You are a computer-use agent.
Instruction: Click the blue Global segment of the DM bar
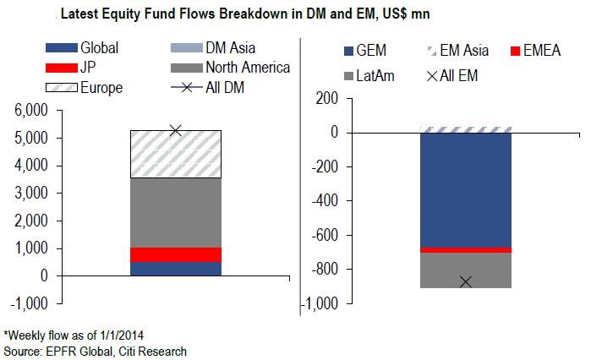click(x=175, y=269)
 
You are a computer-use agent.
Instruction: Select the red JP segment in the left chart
click(x=175, y=254)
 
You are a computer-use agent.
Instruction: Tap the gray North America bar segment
click(x=175, y=212)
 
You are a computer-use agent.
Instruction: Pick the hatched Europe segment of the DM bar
click(x=175, y=154)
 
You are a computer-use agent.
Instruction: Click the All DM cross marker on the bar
click(x=175, y=130)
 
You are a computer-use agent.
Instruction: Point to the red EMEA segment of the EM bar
click(x=466, y=250)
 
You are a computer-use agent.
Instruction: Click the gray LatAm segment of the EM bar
click(x=466, y=270)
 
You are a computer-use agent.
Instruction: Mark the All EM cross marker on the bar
click(x=466, y=281)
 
